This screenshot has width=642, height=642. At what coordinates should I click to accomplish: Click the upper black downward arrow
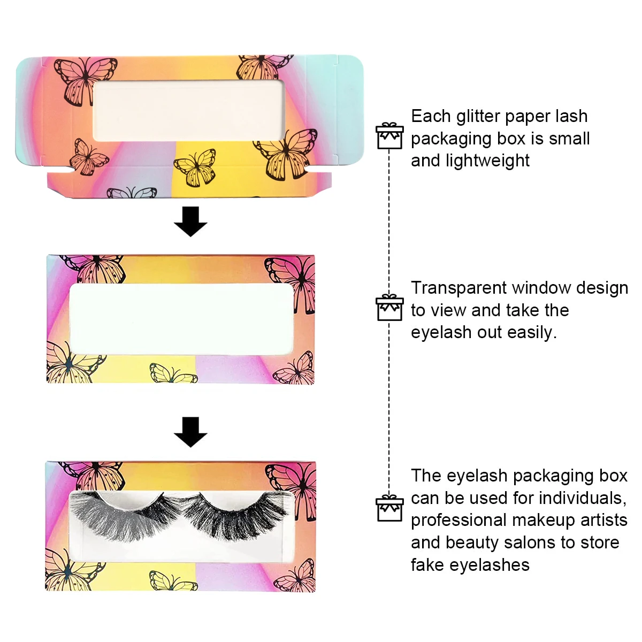tap(190, 221)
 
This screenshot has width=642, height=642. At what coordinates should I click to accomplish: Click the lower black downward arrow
tap(190, 431)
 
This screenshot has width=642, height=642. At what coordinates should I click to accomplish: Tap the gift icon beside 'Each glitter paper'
tap(389, 136)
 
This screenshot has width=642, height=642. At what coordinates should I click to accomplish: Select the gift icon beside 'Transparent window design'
tap(389, 308)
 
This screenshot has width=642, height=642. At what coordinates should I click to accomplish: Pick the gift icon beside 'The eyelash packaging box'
tap(389, 508)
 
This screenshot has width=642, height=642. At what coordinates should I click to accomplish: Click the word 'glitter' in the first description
tap(476, 116)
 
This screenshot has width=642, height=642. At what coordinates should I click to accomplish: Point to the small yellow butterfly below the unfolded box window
tap(196, 167)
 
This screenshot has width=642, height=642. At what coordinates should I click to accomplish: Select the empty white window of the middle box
tap(182, 318)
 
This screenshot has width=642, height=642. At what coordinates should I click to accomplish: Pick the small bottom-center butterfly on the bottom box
tap(172, 581)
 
